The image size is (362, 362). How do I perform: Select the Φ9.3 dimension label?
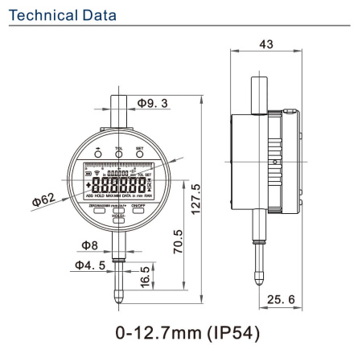click(153, 103)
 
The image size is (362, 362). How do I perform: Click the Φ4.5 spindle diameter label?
click(90, 265)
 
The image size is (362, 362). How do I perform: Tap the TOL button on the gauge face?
click(118, 157)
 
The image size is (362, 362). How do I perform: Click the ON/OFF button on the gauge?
click(138, 210)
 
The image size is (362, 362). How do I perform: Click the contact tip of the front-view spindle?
click(118, 294)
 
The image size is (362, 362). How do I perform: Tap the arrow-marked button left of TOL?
click(98, 157)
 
